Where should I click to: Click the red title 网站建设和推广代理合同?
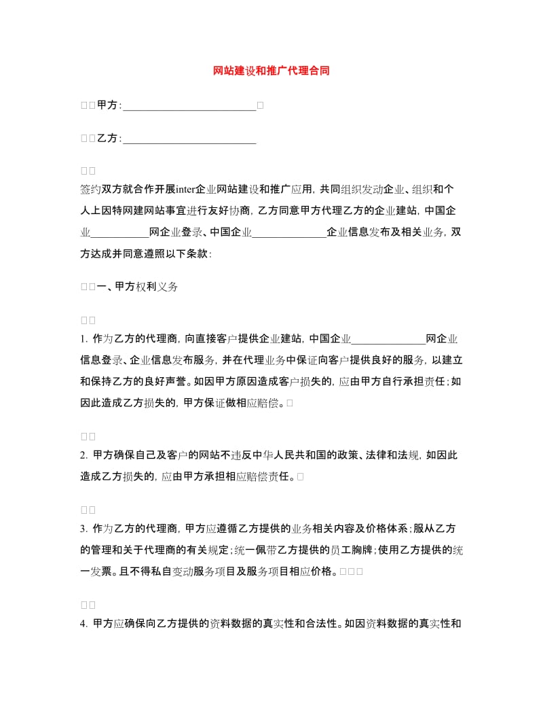point(271,71)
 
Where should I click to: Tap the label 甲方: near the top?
point(109,105)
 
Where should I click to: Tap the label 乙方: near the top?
point(109,139)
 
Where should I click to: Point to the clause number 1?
point(83,338)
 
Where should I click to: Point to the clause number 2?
point(83,455)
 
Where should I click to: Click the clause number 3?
point(83,529)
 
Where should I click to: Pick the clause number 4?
point(83,622)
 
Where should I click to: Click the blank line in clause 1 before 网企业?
point(388,338)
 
